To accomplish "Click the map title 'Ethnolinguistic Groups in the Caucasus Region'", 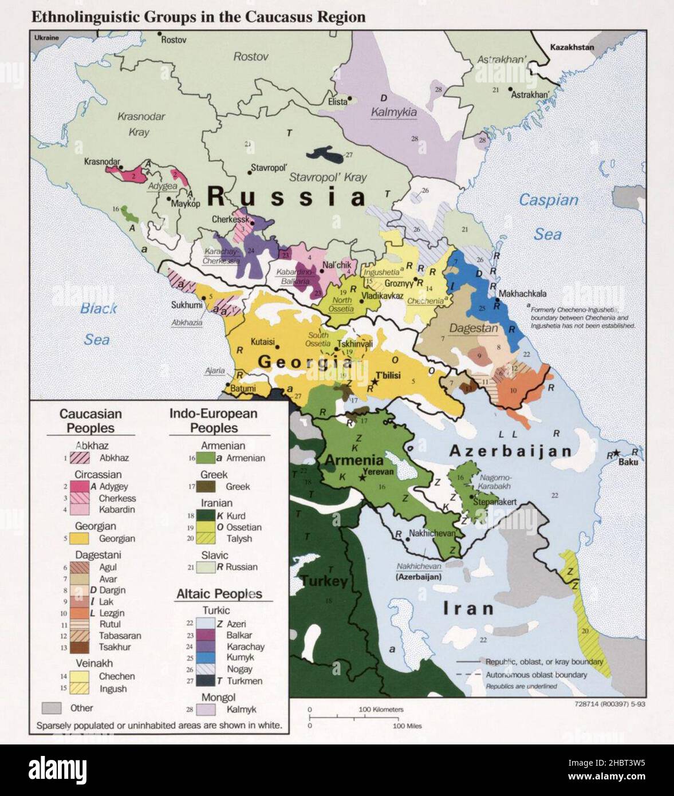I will pyautogui.click(x=198, y=17).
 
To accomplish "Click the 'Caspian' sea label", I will pyautogui.click(x=548, y=200).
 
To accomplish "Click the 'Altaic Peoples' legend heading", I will pyautogui.click(x=219, y=594).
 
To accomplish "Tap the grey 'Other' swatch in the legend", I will pyautogui.click(x=52, y=708).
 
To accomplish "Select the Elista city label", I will pyautogui.click(x=337, y=101).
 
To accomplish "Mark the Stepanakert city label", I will pyautogui.click(x=495, y=502).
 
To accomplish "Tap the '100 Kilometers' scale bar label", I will pyautogui.click(x=381, y=710).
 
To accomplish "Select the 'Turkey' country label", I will pyautogui.click(x=324, y=581).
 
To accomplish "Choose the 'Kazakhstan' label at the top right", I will pyautogui.click(x=571, y=48).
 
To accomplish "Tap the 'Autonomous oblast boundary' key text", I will pyautogui.click(x=536, y=675).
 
